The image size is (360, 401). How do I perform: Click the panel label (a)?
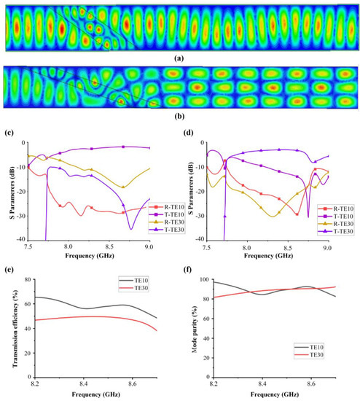click(x=181, y=58)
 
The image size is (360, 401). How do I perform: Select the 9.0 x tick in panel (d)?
click(x=328, y=248)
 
